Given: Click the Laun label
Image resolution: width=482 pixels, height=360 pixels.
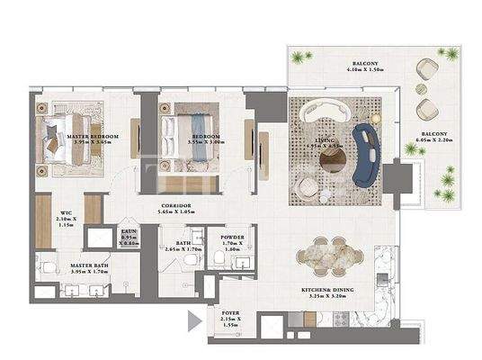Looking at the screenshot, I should (x=129, y=236).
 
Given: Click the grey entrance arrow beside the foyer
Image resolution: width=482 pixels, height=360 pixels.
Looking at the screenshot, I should (x=192, y=319).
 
